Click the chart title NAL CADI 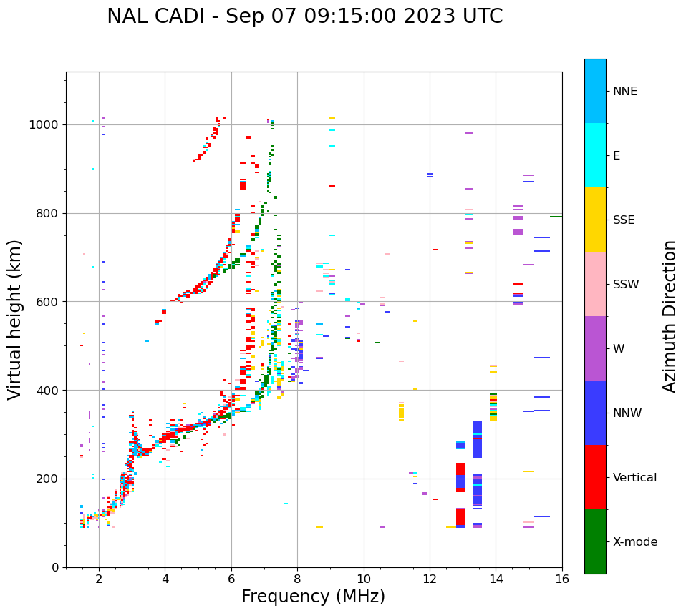pyautogui.click(x=304, y=16)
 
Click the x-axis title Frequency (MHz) pyautogui.click(x=313, y=597)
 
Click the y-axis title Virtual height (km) pyautogui.click(x=15, y=319)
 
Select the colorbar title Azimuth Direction pyautogui.click(x=670, y=315)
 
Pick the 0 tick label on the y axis pyautogui.click(x=56, y=567)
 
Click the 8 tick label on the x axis pyautogui.click(x=297, y=579)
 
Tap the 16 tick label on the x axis pyautogui.click(x=562, y=579)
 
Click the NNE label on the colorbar pyautogui.click(x=624, y=92)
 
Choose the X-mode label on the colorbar pyautogui.click(x=634, y=542)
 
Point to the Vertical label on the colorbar pyautogui.click(x=634, y=478)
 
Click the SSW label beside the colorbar pyautogui.click(x=625, y=285)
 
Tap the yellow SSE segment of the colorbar pyautogui.click(x=595, y=220)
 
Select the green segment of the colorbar pyautogui.click(x=595, y=541)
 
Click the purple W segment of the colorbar pyautogui.click(x=595, y=348)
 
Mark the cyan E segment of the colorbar pyautogui.click(x=595, y=155)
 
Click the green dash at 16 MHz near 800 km pyautogui.click(x=556, y=216)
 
